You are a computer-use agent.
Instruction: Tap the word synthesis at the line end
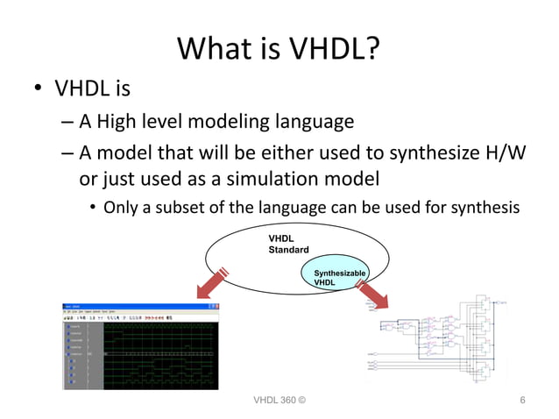coord(485,208)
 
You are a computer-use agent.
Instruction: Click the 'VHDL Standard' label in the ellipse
coord(288,244)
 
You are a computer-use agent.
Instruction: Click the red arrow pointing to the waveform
coord(211,284)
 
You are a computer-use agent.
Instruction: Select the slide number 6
coord(522,401)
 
